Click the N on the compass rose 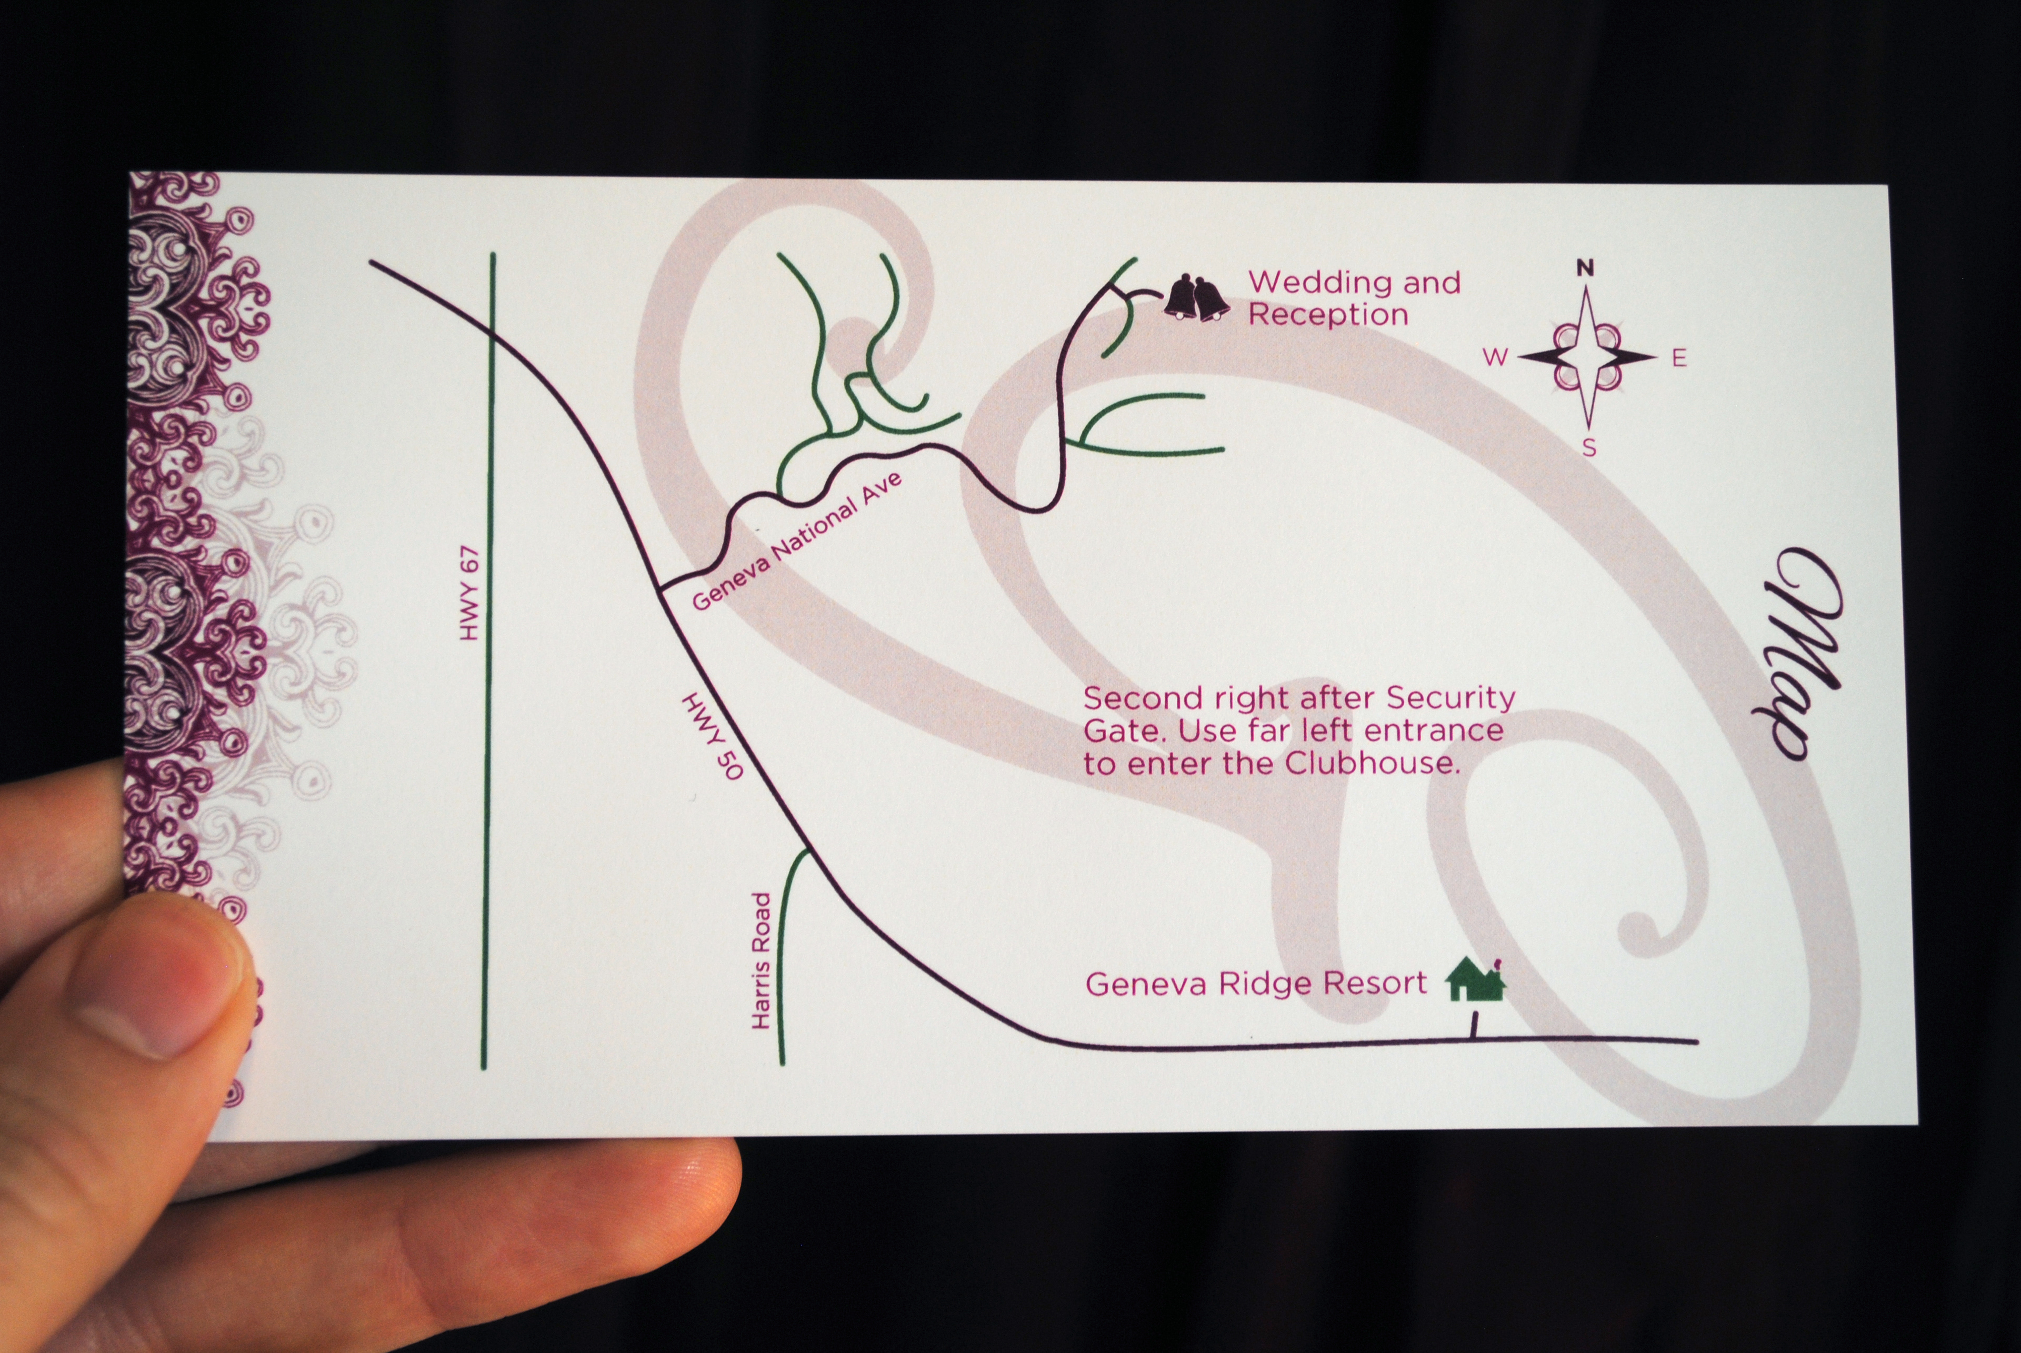1585,267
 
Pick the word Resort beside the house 1376,984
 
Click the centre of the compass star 1587,356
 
